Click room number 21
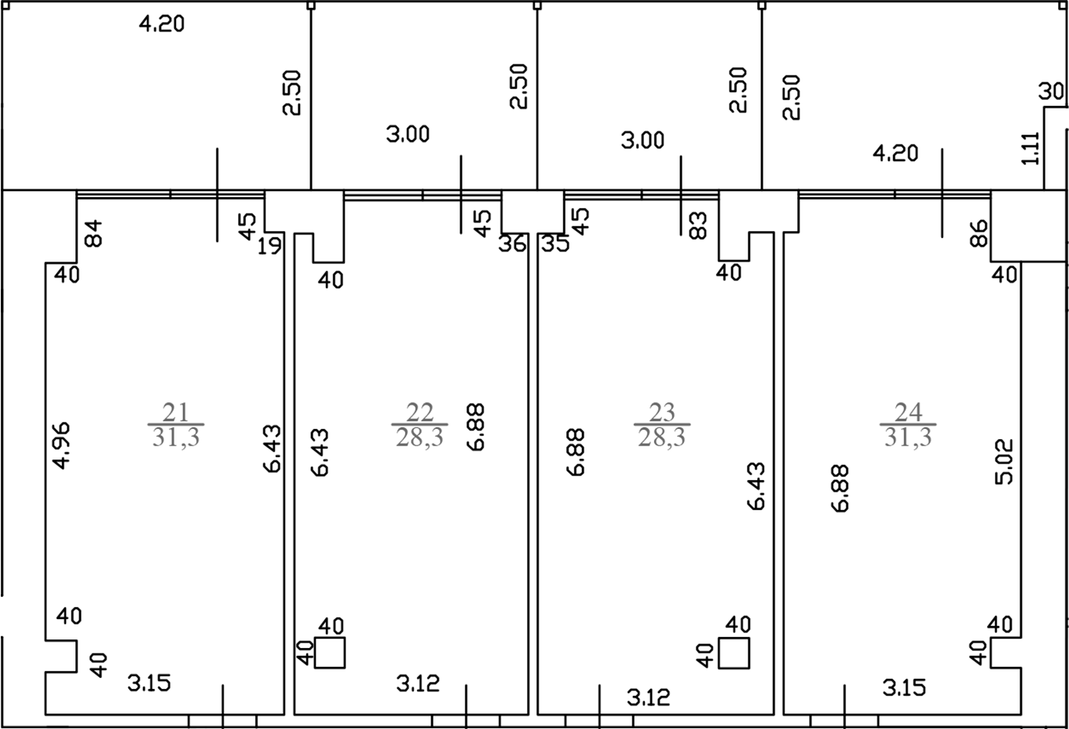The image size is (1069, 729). pyautogui.click(x=175, y=412)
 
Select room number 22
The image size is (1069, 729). pyautogui.click(x=419, y=412)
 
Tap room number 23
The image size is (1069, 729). pyautogui.click(x=662, y=412)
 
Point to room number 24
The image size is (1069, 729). pyautogui.click(x=908, y=412)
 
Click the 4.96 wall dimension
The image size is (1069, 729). pyautogui.click(x=61, y=446)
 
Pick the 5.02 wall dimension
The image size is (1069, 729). pyautogui.click(x=1005, y=461)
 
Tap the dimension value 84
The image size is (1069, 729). pyautogui.click(x=93, y=233)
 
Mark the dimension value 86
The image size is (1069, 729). pyautogui.click(x=979, y=233)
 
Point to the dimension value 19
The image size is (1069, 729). pyautogui.click(x=269, y=247)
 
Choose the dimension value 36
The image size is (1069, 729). pyautogui.click(x=513, y=244)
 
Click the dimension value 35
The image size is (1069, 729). pyautogui.click(x=555, y=244)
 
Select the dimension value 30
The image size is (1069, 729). pyautogui.click(x=1052, y=92)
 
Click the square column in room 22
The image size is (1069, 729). pyautogui.click(x=330, y=653)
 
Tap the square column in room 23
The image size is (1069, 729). pyautogui.click(x=734, y=653)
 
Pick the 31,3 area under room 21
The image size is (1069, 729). pyautogui.click(x=176, y=437)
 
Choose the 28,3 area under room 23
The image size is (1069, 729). pyautogui.click(x=662, y=437)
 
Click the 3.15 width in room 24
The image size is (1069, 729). pyautogui.click(x=904, y=688)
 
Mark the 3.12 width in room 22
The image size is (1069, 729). pyautogui.click(x=418, y=683)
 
